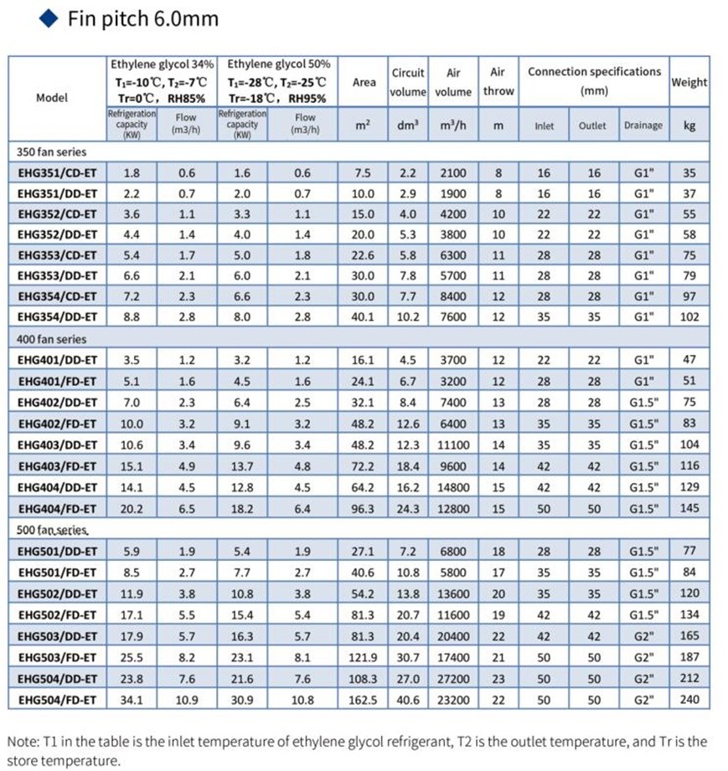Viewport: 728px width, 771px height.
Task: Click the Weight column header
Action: tap(689, 82)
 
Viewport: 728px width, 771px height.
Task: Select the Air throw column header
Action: tap(498, 82)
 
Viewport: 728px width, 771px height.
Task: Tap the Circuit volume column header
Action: tap(408, 82)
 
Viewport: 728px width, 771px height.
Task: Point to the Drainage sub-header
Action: tap(643, 126)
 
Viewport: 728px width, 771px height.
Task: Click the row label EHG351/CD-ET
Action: tap(57, 174)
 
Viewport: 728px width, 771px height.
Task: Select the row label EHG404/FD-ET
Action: tap(57, 508)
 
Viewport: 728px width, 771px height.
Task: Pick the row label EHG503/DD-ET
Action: tap(57, 638)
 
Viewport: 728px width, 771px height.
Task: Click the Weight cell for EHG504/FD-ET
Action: tap(689, 700)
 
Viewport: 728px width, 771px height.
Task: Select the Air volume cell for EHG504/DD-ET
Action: tap(453, 679)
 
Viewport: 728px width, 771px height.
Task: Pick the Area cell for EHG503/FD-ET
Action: tap(364, 658)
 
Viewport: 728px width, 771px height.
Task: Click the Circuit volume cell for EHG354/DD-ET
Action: tap(408, 317)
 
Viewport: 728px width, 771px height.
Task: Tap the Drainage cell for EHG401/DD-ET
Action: tap(643, 360)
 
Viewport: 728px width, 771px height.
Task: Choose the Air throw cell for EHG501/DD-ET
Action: tap(498, 551)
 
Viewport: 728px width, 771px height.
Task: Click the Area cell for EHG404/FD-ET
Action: tap(364, 508)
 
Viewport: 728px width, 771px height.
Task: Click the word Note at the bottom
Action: tap(23, 742)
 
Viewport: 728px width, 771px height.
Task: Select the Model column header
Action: tap(52, 97)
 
